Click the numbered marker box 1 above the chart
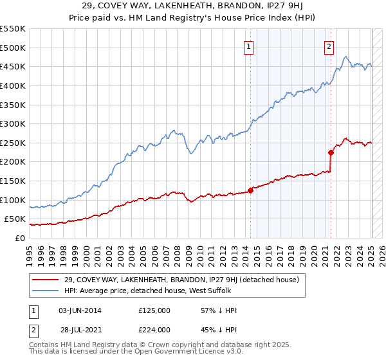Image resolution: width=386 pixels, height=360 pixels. (248, 46)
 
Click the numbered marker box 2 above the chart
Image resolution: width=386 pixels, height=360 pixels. (329, 46)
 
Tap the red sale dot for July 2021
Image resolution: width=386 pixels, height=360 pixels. (331, 152)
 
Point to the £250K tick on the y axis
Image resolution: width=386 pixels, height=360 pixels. (14, 143)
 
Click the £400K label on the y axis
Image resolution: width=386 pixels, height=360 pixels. (14, 85)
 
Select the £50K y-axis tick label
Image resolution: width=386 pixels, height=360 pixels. (16, 219)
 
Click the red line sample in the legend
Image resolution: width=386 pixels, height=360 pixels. (46, 280)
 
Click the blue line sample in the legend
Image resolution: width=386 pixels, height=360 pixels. (46, 292)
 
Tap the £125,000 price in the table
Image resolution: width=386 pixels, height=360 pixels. (154, 310)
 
